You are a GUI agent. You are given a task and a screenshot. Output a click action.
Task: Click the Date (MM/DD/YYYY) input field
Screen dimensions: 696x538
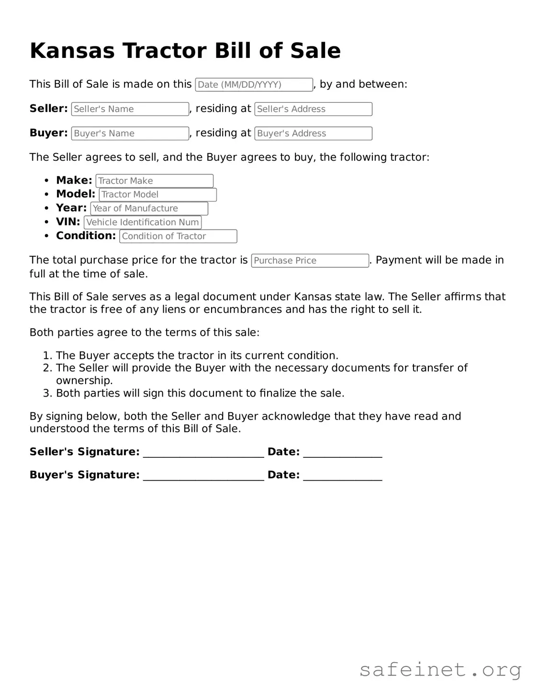[254, 85]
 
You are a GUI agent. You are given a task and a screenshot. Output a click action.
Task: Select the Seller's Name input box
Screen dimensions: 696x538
[130, 109]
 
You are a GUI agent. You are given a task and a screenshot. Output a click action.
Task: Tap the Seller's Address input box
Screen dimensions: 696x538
[313, 109]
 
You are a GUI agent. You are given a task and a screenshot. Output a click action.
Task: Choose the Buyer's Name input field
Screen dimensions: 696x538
[130, 133]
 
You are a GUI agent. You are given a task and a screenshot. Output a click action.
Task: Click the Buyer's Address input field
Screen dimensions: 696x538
[313, 133]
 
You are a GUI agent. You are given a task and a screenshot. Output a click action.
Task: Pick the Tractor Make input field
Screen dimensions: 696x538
[154, 181]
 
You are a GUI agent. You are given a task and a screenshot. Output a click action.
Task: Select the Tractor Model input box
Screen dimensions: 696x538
[157, 195]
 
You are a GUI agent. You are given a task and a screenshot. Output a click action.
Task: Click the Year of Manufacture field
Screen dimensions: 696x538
[149, 209]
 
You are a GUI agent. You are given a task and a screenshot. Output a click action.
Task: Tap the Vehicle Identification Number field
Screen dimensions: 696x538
[143, 222]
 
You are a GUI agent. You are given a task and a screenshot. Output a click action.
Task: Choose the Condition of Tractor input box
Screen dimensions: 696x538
[178, 236]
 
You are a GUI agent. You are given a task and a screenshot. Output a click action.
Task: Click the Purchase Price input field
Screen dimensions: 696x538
[310, 261]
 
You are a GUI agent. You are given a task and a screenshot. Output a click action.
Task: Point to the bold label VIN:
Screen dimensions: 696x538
[68, 222]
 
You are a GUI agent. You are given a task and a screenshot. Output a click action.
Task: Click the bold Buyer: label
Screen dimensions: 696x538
[48, 133]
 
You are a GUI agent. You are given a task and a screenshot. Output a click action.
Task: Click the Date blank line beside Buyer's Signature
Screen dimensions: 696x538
[343, 476]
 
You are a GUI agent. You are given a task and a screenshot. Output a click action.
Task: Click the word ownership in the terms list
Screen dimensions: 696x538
[84, 381]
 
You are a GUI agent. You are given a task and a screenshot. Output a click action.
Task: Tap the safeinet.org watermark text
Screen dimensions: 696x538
[440, 670]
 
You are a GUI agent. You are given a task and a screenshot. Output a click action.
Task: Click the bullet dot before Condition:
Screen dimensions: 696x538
[46, 236]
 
